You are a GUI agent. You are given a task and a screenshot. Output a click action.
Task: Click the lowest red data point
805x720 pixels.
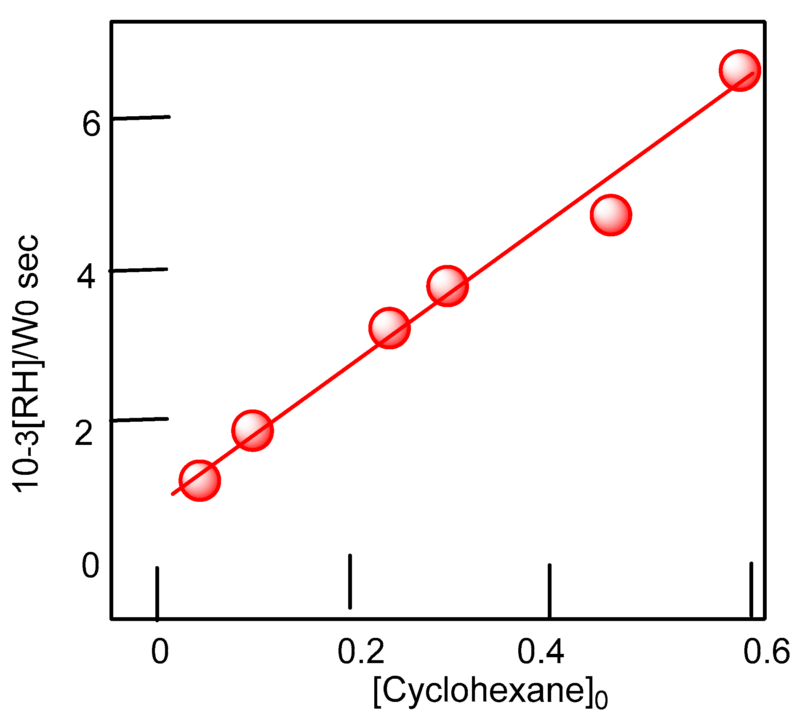pyautogui.click(x=200, y=480)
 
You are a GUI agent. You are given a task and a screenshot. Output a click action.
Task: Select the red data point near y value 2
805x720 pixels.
pyautogui.click(x=252, y=430)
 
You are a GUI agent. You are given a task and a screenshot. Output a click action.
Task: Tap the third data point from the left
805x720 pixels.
pyautogui.click(x=389, y=327)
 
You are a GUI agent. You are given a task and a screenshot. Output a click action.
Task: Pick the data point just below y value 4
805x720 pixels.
pyautogui.click(x=447, y=286)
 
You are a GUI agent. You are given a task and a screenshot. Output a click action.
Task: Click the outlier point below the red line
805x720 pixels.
pyautogui.click(x=610, y=215)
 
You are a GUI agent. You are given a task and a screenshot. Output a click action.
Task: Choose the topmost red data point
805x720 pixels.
pyautogui.click(x=739, y=70)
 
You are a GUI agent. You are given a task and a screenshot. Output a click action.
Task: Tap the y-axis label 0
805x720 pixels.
pyautogui.click(x=91, y=566)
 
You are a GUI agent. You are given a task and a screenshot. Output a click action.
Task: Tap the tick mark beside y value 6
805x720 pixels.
pyautogui.click(x=141, y=118)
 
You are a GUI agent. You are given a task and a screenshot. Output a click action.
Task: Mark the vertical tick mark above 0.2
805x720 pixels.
pyautogui.click(x=350, y=581)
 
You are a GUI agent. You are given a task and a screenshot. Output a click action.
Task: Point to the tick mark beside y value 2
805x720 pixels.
pyautogui.click(x=139, y=419)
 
